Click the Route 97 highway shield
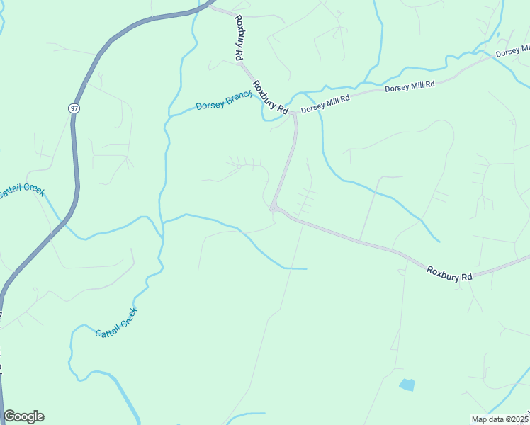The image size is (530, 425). click(x=74, y=108)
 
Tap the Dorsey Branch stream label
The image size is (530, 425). click(x=224, y=101)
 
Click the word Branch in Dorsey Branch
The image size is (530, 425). click(x=239, y=97)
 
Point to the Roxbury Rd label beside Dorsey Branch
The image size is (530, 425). click(x=271, y=97)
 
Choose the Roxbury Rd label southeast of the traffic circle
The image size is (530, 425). click(x=449, y=273)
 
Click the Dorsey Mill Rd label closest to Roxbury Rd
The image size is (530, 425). click(x=325, y=105)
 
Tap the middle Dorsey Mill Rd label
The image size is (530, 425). click(x=409, y=85)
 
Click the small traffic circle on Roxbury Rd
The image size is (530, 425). click(x=273, y=208)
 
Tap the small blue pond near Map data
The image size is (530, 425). click(x=407, y=385)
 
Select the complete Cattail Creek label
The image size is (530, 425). click(x=116, y=322)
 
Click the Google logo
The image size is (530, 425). click(x=23, y=416)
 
